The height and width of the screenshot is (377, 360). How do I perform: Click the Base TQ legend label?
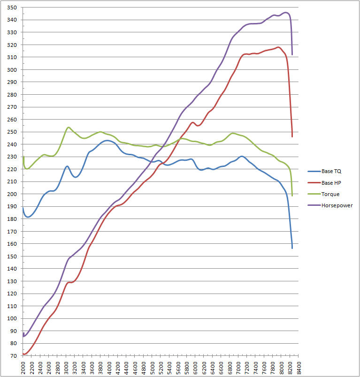[x=331, y=171]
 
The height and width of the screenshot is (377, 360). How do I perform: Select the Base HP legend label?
[x=331, y=182]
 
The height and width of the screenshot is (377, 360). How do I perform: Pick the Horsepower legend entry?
[x=337, y=205]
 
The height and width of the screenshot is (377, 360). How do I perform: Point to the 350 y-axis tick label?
[x=12, y=8]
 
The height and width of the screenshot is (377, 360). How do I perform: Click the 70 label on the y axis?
[x=14, y=356]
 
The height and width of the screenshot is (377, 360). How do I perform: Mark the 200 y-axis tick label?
[x=12, y=194]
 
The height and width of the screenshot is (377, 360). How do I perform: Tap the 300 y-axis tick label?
[x=12, y=70]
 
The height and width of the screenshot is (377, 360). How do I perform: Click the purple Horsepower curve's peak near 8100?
[x=285, y=13]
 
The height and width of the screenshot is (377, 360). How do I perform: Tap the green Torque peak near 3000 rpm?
[x=69, y=127]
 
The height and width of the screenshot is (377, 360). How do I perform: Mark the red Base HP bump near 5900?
[x=192, y=122]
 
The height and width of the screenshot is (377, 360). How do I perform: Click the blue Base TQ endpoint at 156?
[x=292, y=248]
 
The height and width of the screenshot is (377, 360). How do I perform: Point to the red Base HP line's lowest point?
[x=24, y=354]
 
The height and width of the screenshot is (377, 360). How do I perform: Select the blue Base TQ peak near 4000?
[x=107, y=140]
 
